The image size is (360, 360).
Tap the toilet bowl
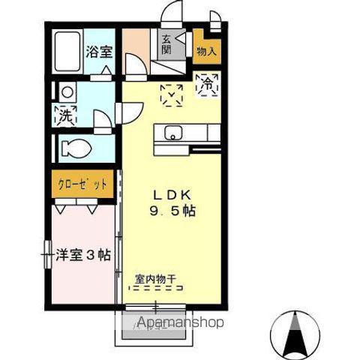click(x=76, y=148)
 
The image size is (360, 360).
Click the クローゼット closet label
click(x=83, y=183)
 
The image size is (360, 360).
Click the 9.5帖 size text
click(x=172, y=211)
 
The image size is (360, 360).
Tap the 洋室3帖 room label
click(x=82, y=255)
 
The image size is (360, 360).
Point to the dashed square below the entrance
click(x=172, y=95)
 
